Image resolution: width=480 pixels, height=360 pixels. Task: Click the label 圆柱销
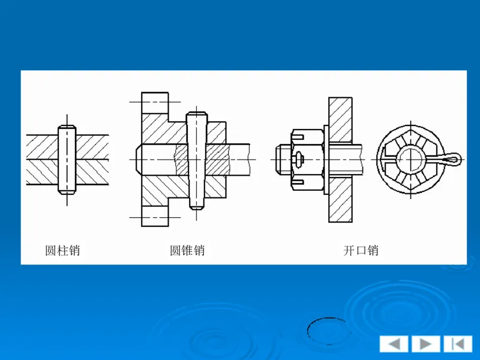(x=62, y=250)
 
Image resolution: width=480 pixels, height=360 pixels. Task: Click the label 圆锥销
(x=187, y=250)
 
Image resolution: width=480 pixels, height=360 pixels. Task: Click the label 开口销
(x=361, y=250)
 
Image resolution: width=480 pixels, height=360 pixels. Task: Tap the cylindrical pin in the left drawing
(x=67, y=159)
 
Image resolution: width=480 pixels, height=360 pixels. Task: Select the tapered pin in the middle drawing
(x=196, y=160)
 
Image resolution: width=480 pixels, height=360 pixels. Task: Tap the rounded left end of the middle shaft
(x=137, y=160)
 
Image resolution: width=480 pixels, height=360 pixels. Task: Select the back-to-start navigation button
(x=458, y=344)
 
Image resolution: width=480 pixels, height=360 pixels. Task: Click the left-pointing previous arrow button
(x=394, y=344)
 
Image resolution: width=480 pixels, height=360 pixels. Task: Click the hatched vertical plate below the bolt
(x=340, y=201)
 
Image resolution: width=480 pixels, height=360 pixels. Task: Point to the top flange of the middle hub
(x=155, y=102)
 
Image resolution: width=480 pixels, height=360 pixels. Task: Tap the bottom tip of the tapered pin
(x=196, y=206)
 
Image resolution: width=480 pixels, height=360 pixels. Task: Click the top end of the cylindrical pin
(x=67, y=127)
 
